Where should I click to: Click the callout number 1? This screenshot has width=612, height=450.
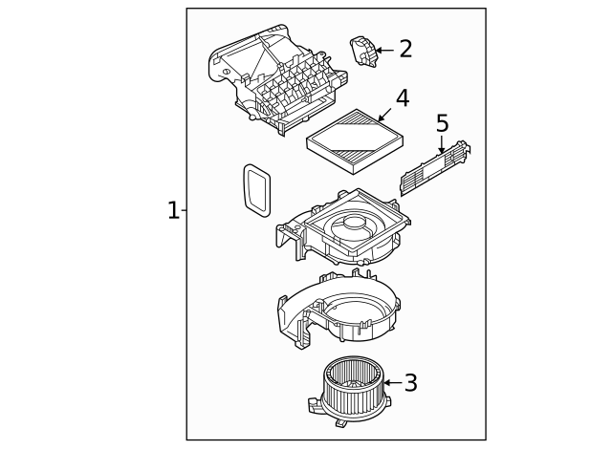172,210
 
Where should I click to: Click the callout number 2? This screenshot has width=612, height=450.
405,49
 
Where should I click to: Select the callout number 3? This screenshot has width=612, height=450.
410,383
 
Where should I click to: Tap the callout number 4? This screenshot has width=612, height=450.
403,98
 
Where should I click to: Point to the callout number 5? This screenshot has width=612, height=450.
442,123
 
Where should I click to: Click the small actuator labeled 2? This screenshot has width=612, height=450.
363,50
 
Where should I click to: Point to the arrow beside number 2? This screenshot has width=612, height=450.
384,50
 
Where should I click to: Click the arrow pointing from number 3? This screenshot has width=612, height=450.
390,383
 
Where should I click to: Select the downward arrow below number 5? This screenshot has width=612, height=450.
442,145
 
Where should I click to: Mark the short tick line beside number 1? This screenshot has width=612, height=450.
184,210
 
